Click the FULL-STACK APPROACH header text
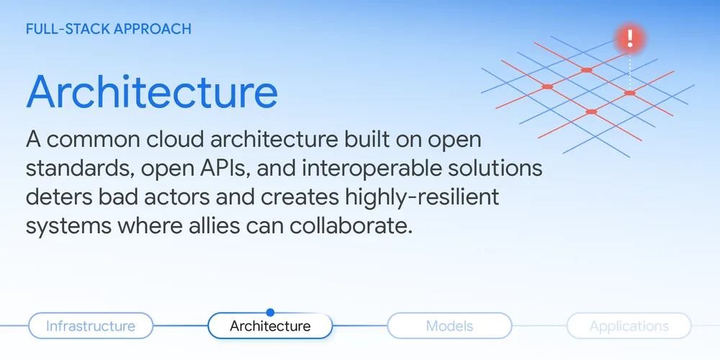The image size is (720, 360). coord(109,29)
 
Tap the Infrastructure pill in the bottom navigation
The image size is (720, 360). coord(91,326)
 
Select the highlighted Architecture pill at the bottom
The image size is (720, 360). coord(270,326)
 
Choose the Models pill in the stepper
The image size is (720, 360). coord(449,326)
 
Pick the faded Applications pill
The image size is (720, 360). coord(629,326)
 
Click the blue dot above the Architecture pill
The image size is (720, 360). coord(270,312)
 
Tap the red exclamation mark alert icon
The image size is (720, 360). coord(630,37)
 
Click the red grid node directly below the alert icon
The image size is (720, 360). coord(629,93)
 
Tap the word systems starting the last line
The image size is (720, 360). coord(58,227)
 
